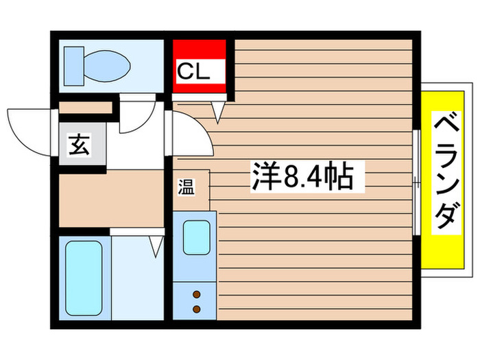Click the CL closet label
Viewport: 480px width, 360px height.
tap(193, 70)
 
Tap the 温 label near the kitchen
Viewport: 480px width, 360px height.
tap(187, 187)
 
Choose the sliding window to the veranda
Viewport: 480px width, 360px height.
tap(417, 181)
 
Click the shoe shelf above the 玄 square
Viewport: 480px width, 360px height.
tap(85, 108)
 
